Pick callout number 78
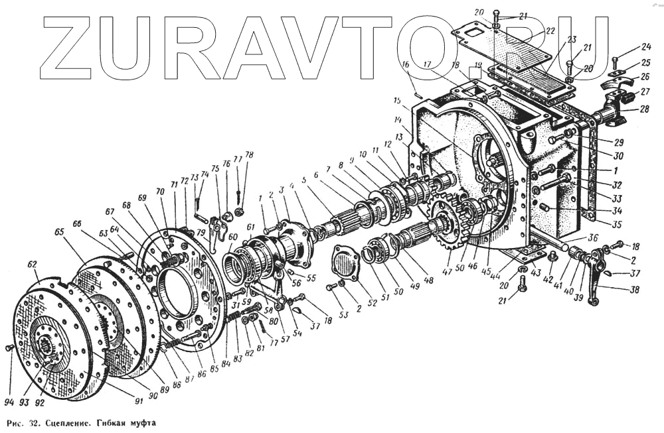point(249,156)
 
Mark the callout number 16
point(404,64)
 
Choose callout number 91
point(139,401)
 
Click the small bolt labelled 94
point(9,348)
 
